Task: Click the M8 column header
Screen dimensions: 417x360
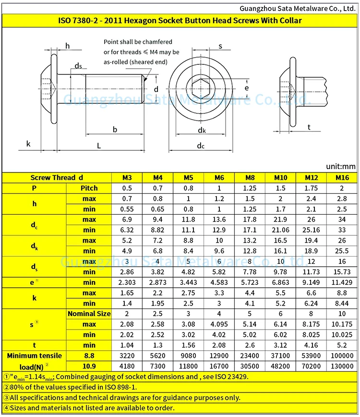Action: pyautogui.click(x=250, y=177)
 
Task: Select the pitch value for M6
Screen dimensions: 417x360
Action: pyautogui.click(x=219, y=188)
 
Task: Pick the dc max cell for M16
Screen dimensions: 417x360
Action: pyautogui.click(x=342, y=220)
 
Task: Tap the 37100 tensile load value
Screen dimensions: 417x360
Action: pyautogui.click(x=280, y=356)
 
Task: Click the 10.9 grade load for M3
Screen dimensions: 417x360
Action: pyautogui.click(x=126, y=366)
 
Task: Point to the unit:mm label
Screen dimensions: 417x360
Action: pyautogui.click(x=341, y=166)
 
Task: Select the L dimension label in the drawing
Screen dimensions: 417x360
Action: pyautogui.click(x=98, y=146)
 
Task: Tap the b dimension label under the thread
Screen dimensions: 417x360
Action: pyautogui.click(x=115, y=129)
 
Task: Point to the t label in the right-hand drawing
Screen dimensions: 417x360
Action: pyautogui.click(x=309, y=127)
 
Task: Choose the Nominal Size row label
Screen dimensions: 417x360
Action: pyautogui.click(x=89, y=314)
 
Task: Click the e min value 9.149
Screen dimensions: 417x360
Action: pyautogui.click(x=312, y=282)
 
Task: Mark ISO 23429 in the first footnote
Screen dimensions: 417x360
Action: pyautogui.click(x=226, y=377)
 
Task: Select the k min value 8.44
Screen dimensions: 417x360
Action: pyautogui.click(x=342, y=303)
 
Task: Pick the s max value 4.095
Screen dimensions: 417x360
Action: pyautogui.click(x=219, y=324)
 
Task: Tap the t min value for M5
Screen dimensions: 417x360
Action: pyautogui.click(x=188, y=345)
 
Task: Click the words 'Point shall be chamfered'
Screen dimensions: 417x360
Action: pyautogui.click(x=138, y=42)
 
